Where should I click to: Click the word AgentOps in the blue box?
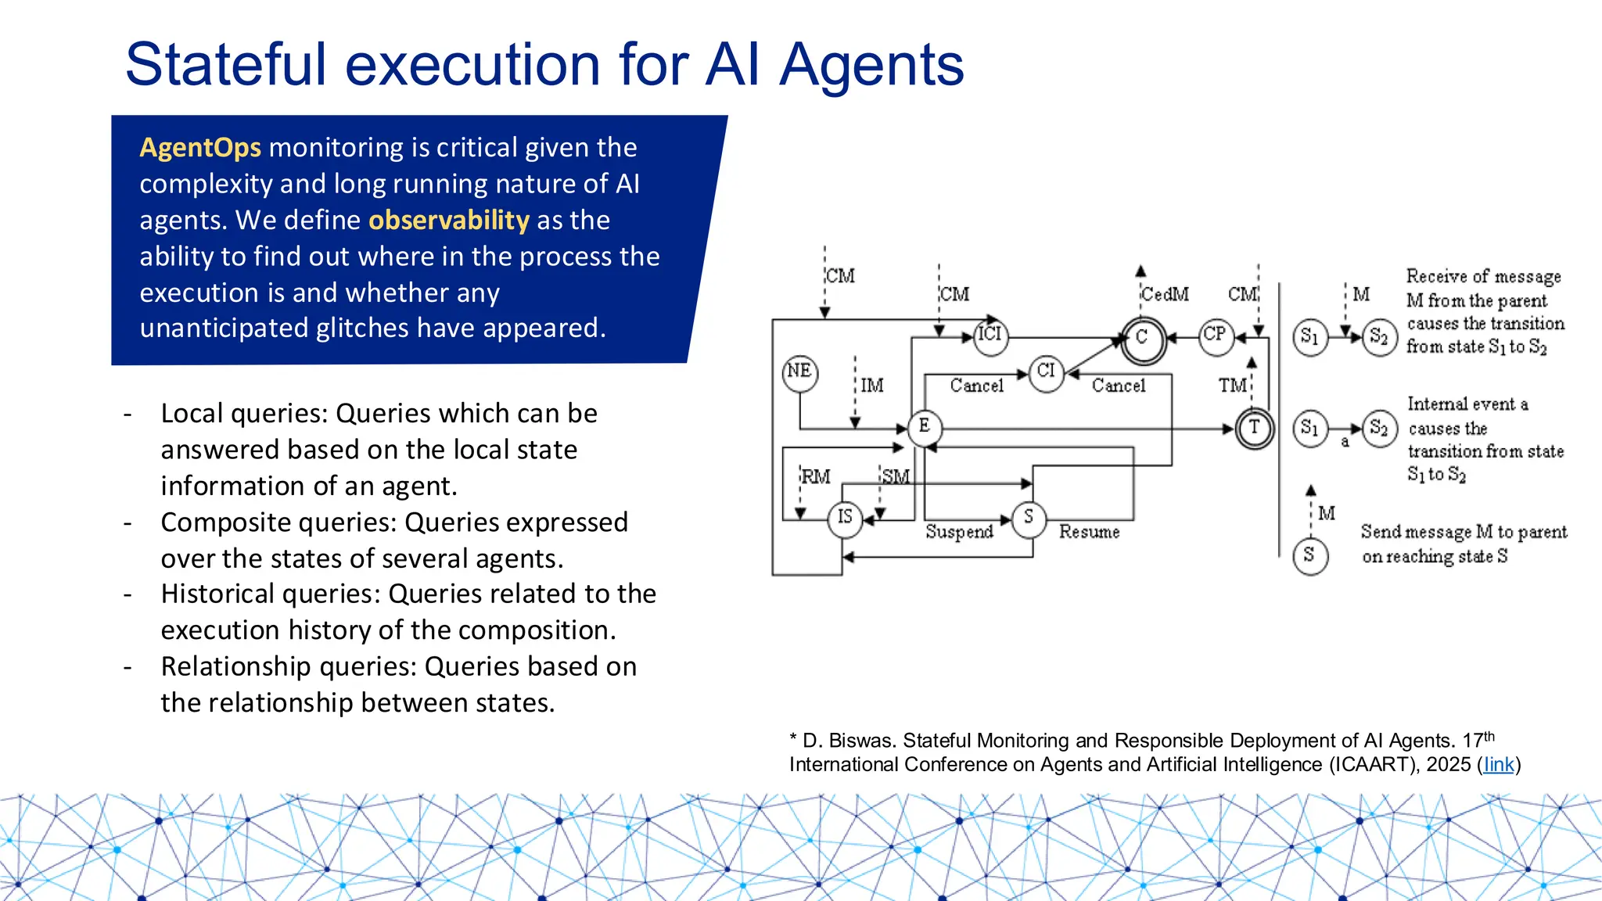[x=200, y=148]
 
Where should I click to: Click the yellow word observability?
[x=449, y=221]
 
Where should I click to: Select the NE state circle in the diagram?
[x=799, y=372]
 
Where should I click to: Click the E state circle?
[x=925, y=427]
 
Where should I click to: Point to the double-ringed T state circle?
[x=1255, y=428]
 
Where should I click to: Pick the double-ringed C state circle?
[x=1143, y=339]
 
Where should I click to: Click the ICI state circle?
[x=990, y=336]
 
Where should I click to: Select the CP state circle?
[x=1216, y=336]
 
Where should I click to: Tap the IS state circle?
[x=845, y=518]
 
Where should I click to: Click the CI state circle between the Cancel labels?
[x=1047, y=372]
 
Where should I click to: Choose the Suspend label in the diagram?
[x=959, y=532]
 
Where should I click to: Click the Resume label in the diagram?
[x=1089, y=532]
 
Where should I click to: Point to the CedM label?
[x=1165, y=295]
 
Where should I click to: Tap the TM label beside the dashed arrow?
[x=1232, y=386]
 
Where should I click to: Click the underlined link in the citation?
[x=1499, y=765]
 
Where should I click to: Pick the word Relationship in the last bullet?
[x=235, y=666]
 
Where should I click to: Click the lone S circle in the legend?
[x=1310, y=557]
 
